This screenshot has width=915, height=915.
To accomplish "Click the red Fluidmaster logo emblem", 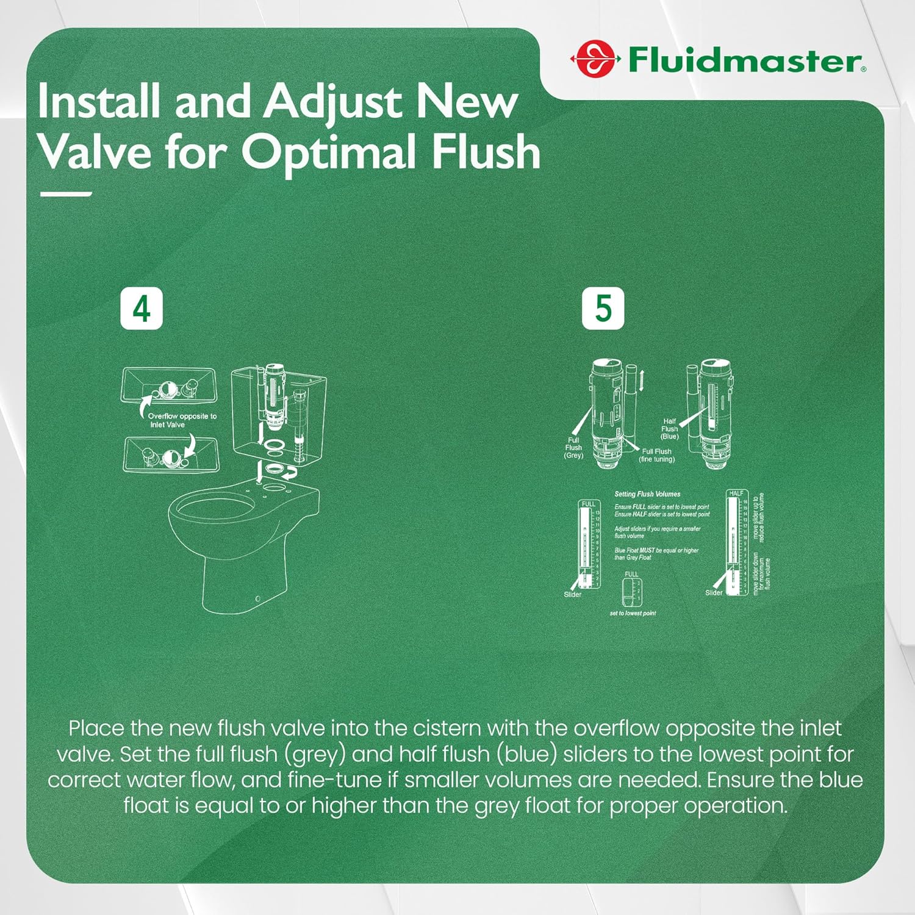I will pos(595,60).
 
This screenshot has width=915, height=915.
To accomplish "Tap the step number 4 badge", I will pos(142,309).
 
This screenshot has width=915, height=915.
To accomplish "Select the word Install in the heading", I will pos(100,101).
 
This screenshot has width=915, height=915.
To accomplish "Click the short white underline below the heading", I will pos(65,194).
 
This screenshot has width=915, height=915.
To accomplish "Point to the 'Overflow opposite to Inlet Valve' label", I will pos(182,420).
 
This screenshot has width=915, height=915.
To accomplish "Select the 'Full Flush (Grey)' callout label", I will pos(573,448).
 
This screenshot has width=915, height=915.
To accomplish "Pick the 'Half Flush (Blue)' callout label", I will pos(669,429).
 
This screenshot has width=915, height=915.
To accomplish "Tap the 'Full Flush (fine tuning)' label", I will pos(656,456).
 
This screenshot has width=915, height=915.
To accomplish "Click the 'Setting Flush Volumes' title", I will pos(647,494).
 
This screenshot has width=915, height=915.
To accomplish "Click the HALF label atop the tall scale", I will pos(736,493).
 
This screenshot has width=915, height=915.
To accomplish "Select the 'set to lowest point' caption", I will pos(633,613).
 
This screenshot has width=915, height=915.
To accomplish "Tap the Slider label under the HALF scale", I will pos(714,593).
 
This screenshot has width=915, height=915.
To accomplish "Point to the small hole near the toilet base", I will pos(257,598).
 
